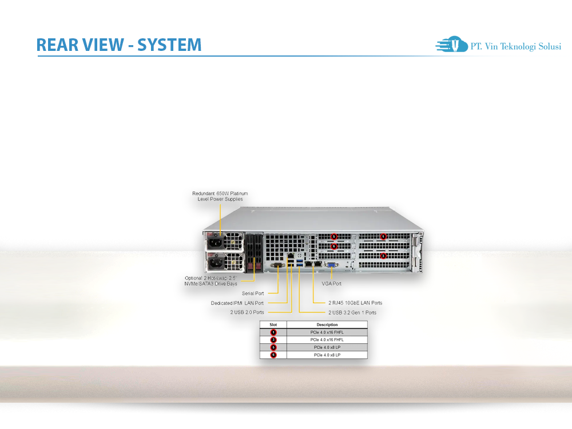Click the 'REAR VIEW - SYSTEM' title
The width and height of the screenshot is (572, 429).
pos(119,45)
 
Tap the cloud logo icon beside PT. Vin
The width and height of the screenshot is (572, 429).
pos(451,45)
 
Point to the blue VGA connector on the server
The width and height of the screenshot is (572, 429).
pos(331,265)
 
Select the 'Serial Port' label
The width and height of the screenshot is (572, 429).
pos(252,293)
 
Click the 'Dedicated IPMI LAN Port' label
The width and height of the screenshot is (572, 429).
pos(237,303)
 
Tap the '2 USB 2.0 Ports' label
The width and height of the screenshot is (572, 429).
pos(247,312)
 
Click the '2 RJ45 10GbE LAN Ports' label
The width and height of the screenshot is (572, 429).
pos(355,303)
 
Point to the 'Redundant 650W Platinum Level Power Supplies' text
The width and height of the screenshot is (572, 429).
pos(220,196)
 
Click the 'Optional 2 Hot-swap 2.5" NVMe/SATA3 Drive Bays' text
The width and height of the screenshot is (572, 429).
pos(207,280)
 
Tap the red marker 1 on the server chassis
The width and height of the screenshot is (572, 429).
pos(384,236)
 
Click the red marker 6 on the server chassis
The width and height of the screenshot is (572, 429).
pos(334,247)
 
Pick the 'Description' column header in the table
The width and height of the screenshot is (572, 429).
pos(327,324)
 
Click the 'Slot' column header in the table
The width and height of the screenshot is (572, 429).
pos(273,324)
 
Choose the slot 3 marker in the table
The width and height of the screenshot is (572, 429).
pos(273,340)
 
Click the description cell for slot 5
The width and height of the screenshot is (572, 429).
pos(327,347)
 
